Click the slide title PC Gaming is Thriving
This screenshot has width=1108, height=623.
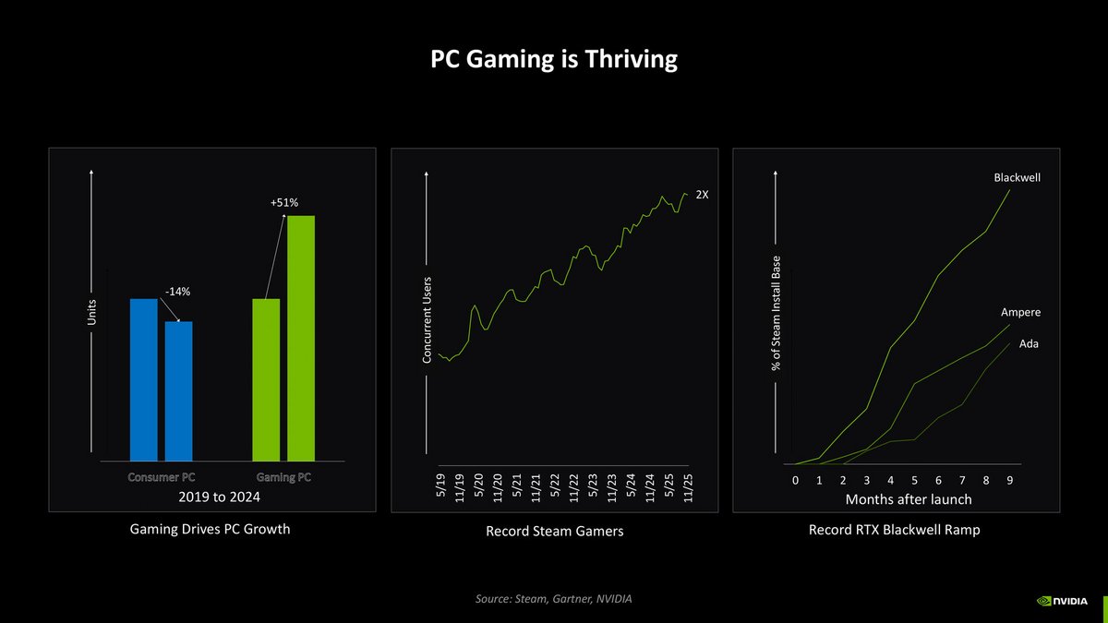(554, 60)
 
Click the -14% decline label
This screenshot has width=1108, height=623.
(176, 292)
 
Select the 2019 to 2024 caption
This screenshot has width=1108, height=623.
(220, 497)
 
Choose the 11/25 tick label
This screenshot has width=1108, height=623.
(687, 484)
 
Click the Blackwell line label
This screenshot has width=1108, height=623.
(1018, 177)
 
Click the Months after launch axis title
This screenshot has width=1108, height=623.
(909, 499)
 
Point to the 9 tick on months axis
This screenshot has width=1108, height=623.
(1010, 481)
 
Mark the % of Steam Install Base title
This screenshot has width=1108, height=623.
(777, 314)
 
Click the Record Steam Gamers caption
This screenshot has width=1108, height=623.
(554, 531)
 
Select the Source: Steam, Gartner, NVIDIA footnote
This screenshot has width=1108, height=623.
(554, 600)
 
